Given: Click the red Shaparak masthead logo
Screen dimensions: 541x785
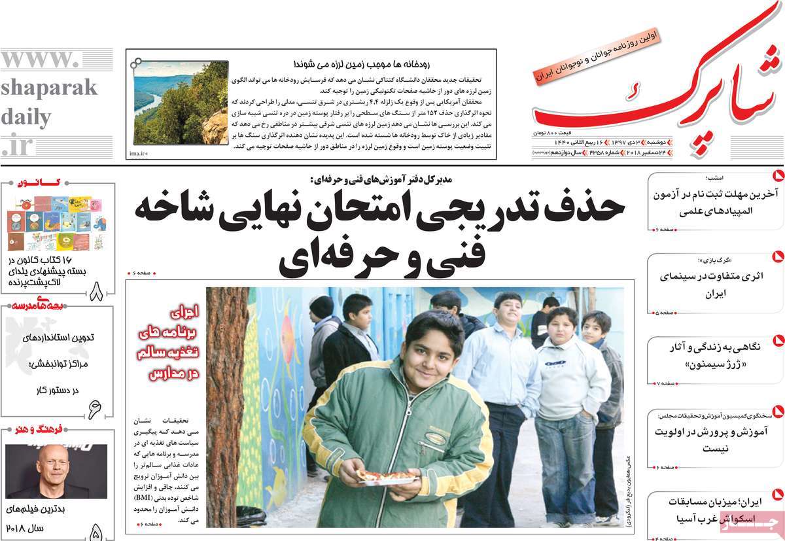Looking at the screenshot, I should coord(654,92).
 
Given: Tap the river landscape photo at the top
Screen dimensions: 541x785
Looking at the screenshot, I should coord(181,103).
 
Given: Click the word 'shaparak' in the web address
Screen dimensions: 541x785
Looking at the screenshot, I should coord(48,88).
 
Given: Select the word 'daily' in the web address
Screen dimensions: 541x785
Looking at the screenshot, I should coord(26,118).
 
